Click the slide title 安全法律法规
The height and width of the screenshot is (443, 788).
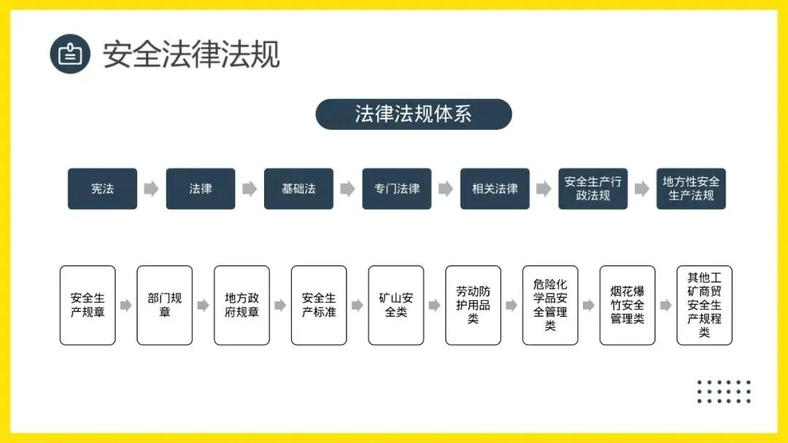(191, 54)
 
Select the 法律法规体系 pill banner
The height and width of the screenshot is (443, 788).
(414, 114)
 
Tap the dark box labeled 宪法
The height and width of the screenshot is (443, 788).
(102, 189)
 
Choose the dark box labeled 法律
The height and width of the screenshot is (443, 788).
(201, 189)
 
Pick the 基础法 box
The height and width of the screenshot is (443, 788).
(298, 189)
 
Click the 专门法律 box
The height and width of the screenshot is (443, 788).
(397, 189)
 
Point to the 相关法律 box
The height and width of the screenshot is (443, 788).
(495, 189)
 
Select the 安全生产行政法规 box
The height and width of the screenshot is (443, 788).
(593, 189)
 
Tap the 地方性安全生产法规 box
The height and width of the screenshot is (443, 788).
(691, 189)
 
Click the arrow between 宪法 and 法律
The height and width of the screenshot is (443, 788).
(151, 189)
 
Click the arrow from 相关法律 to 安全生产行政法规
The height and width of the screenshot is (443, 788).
(544, 189)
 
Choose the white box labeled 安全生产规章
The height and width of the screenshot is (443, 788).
(88, 305)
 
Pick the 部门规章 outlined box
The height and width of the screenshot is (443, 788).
(165, 305)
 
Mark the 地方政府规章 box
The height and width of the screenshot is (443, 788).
(242, 305)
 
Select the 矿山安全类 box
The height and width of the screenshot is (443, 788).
(396, 305)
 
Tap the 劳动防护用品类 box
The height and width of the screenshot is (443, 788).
(473, 305)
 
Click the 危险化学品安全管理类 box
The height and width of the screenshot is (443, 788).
(550, 305)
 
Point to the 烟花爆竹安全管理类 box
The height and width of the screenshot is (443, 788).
(627, 305)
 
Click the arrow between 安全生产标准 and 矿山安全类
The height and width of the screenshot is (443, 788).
(358, 305)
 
